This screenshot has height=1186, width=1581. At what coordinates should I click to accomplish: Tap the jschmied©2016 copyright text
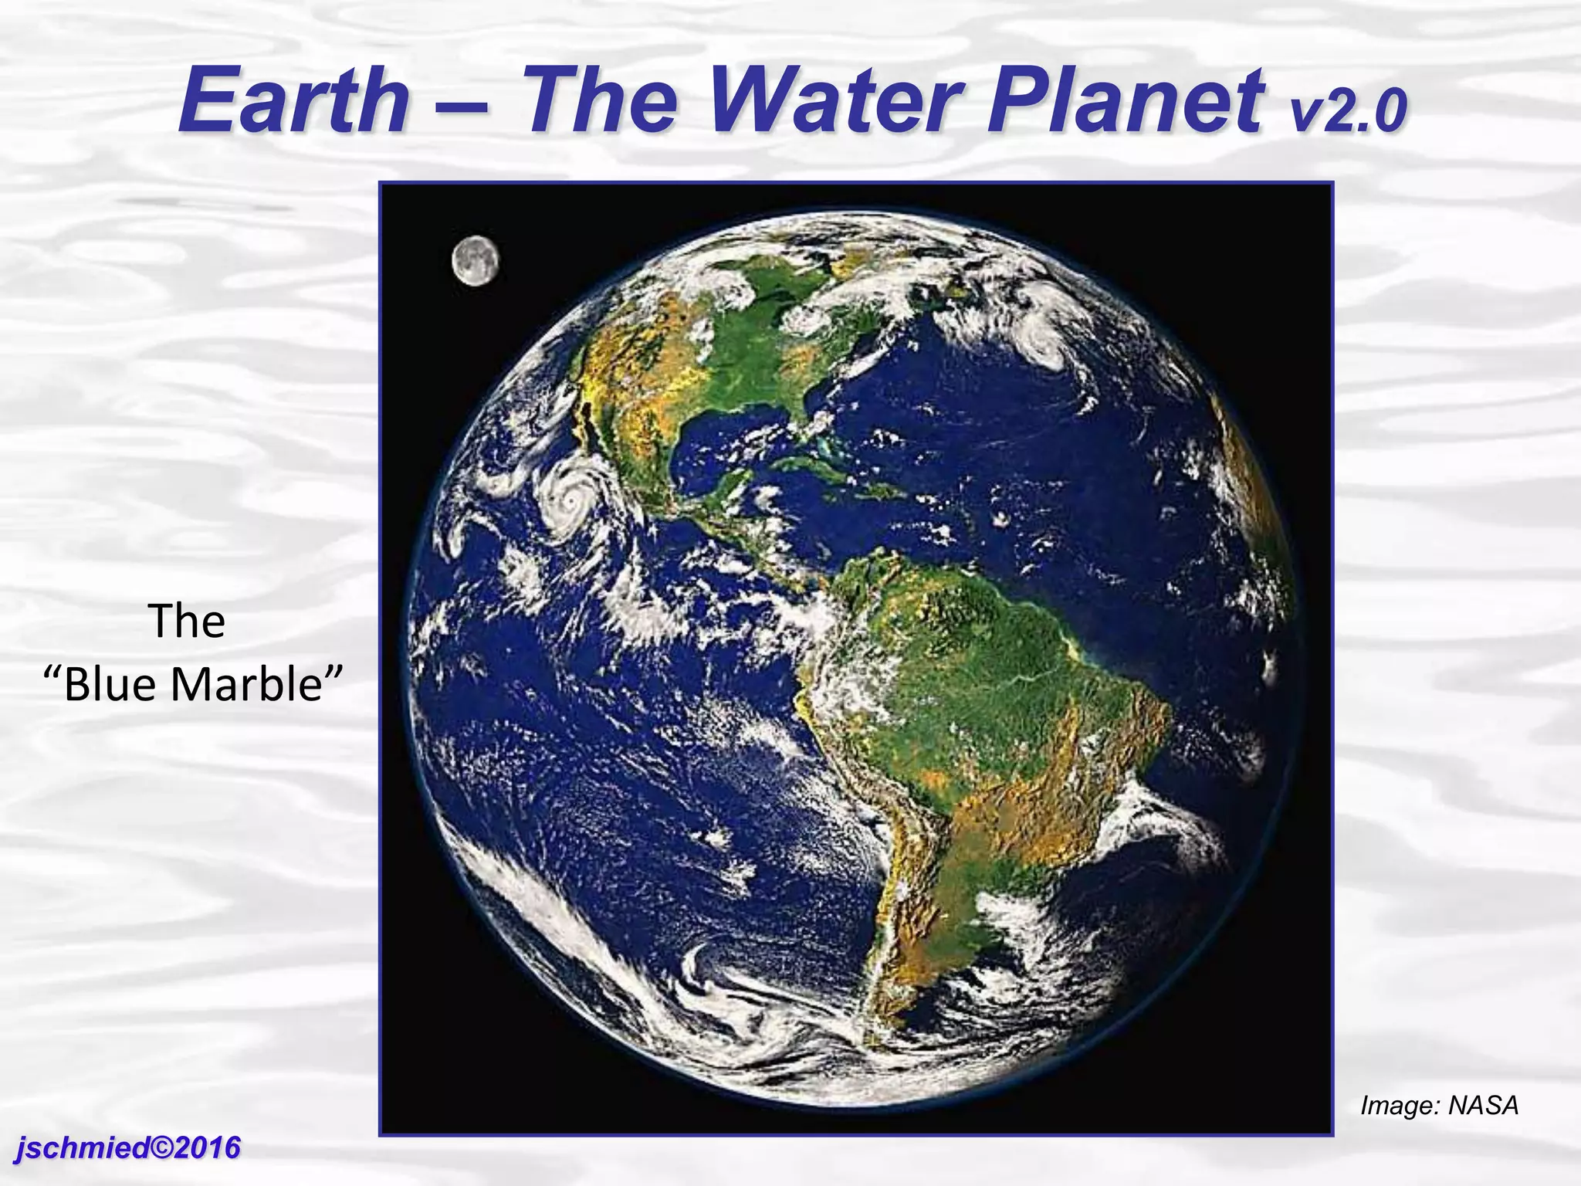click(x=128, y=1147)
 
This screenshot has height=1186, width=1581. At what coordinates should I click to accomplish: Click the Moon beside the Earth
click(x=475, y=261)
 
